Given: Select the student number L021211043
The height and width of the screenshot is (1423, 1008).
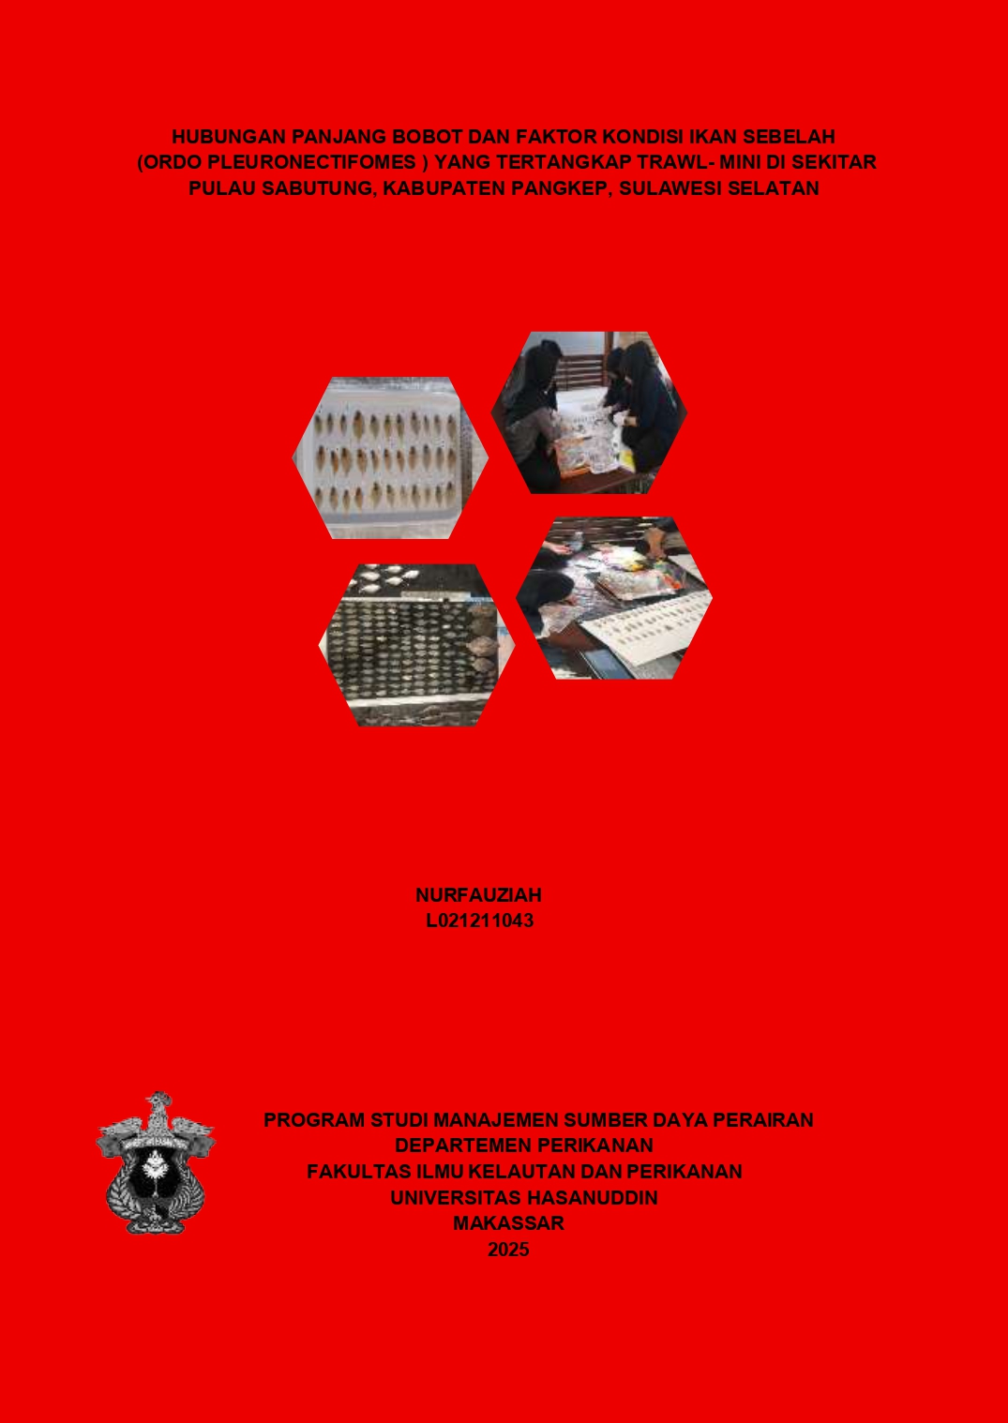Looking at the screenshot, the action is [x=480, y=921].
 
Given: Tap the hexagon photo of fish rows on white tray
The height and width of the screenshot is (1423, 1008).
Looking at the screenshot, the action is [x=390, y=458].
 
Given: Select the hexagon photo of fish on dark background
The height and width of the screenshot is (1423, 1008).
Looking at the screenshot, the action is [x=417, y=645].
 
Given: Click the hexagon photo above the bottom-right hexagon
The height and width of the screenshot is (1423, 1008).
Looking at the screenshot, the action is [x=589, y=412].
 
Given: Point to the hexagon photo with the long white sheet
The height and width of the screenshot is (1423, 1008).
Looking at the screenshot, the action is [x=614, y=598].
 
